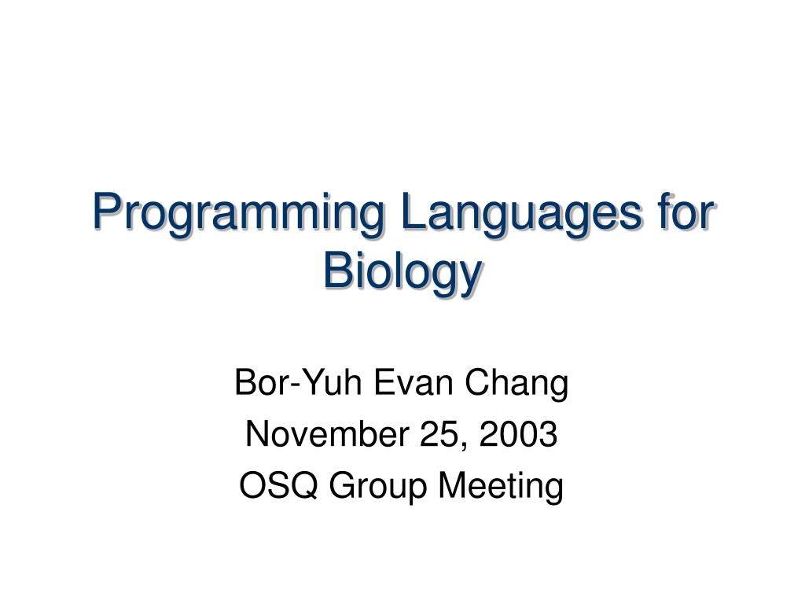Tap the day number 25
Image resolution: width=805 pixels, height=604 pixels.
point(439,435)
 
